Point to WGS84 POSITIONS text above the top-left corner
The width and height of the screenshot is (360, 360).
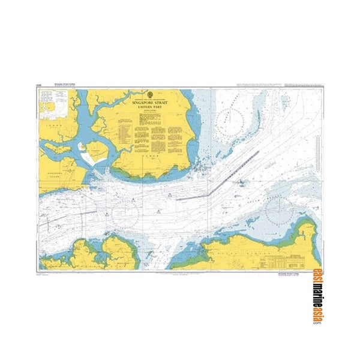tap(65, 85)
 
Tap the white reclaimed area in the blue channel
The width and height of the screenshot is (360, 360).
tap(94, 158)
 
